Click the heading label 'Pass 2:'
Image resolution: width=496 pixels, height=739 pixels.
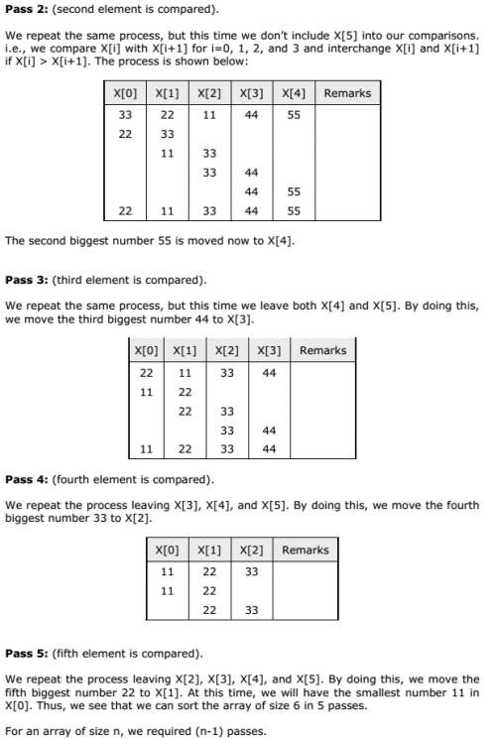click(x=27, y=9)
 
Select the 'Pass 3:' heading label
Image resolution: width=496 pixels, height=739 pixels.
click(x=27, y=279)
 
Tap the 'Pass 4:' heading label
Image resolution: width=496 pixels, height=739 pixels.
click(x=27, y=480)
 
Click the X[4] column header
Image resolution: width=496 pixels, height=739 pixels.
click(x=293, y=93)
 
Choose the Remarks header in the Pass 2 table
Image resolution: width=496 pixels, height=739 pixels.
click(x=347, y=93)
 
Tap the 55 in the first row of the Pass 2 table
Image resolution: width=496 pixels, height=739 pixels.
click(x=293, y=115)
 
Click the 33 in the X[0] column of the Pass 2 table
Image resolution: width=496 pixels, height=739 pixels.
click(x=126, y=115)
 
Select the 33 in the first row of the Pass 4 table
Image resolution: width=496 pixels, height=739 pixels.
click(x=251, y=571)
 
